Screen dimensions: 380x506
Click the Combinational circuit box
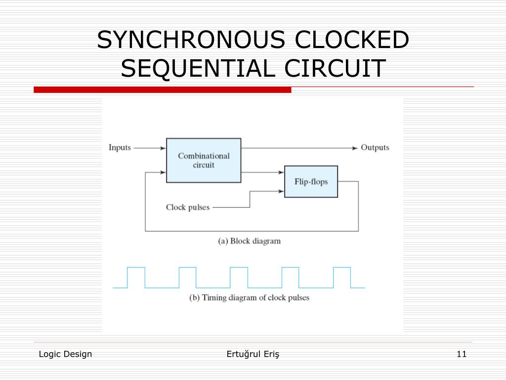[x=204, y=160]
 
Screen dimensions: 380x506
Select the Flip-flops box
[x=311, y=182]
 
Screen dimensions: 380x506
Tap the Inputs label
[x=120, y=147]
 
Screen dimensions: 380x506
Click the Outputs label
[x=375, y=147]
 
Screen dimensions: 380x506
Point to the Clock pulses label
[x=188, y=207]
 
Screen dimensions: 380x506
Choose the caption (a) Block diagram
[x=250, y=241]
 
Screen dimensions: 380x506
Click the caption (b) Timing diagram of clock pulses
[x=250, y=298]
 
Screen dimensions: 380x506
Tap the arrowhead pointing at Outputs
[x=354, y=148]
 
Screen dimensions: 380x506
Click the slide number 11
[x=462, y=354]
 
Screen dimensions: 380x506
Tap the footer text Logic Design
[x=65, y=354]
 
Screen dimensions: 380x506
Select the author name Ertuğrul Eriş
[x=253, y=354]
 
